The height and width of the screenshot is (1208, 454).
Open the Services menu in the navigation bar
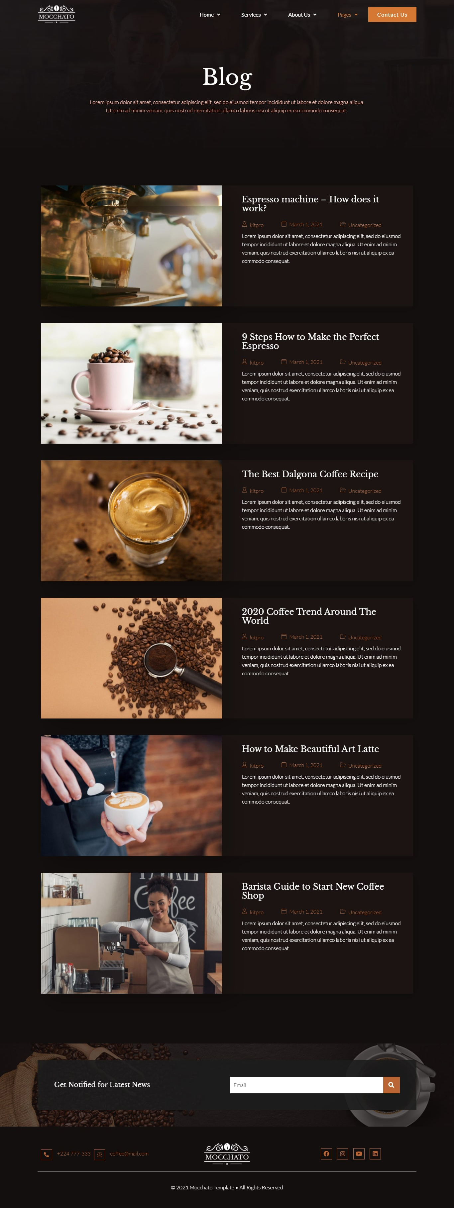tap(254, 15)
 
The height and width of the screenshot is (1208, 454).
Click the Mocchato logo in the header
tap(56, 14)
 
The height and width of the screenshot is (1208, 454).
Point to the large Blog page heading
tap(227, 77)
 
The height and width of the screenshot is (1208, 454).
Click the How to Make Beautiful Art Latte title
tap(310, 749)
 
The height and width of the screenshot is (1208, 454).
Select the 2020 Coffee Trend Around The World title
tap(309, 616)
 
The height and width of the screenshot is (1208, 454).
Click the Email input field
tap(306, 1085)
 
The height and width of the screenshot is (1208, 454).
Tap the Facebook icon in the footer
tap(326, 1153)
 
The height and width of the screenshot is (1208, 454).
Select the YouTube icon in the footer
tap(359, 1153)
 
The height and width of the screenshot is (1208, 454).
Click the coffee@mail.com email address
tap(129, 1153)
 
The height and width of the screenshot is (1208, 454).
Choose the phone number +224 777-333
tap(74, 1153)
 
